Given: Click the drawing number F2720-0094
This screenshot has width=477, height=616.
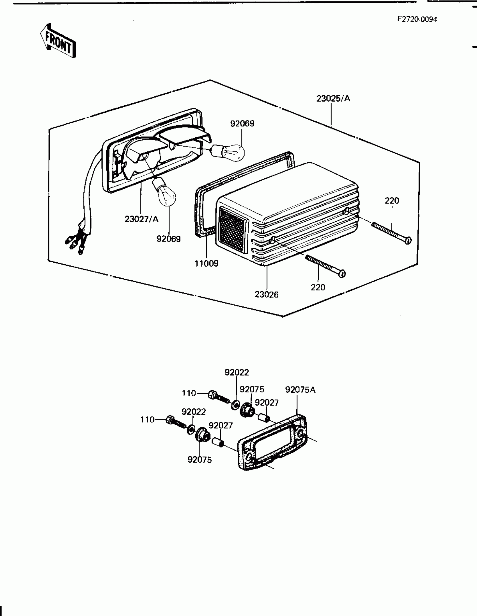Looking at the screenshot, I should tap(417, 19).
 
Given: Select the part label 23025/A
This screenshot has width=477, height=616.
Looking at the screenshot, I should tap(333, 98).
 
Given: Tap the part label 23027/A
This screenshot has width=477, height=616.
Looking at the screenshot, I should tap(141, 219).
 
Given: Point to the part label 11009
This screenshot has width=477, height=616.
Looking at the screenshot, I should tap(207, 263).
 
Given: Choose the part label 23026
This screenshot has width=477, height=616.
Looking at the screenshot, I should tap(267, 294).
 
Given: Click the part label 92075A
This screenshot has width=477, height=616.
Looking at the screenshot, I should tap(300, 390).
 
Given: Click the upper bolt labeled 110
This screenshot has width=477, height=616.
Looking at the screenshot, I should tap(219, 397).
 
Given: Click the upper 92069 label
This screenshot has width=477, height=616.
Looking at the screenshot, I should tap(242, 124).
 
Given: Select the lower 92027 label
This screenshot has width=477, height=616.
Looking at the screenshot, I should tap(221, 425).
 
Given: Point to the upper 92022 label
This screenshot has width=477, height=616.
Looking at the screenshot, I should tap(237, 372).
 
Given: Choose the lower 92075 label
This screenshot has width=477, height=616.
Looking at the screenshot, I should tap(199, 460).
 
